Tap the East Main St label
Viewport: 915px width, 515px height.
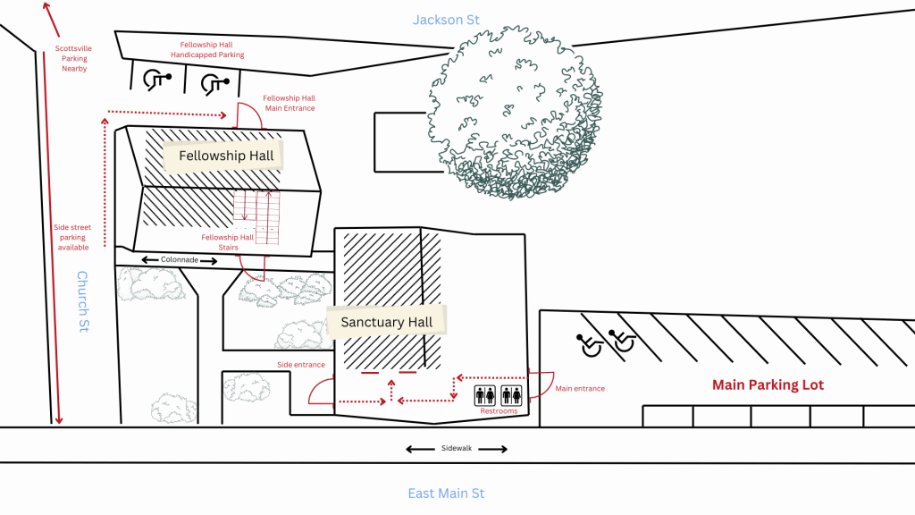(x=446, y=494)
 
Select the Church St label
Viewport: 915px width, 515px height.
(x=82, y=301)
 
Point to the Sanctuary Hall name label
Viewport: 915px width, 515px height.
(x=386, y=322)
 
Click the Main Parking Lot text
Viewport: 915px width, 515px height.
(x=768, y=385)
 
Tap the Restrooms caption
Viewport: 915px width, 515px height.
(x=499, y=411)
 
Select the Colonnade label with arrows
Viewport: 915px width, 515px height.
(x=180, y=260)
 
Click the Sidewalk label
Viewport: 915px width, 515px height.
(x=457, y=449)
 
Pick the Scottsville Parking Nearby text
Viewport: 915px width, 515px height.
(x=74, y=58)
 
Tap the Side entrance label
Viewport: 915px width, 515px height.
(x=300, y=365)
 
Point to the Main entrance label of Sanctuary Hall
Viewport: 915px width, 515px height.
(x=580, y=389)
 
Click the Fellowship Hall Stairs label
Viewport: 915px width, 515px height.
(x=220, y=242)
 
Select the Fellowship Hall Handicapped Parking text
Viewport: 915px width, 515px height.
(x=207, y=49)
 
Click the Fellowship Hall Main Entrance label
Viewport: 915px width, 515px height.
(x=290, y=103)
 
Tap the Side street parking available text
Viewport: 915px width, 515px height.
(x=72, y=237)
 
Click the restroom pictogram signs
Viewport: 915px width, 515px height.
(x=499, y=394)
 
